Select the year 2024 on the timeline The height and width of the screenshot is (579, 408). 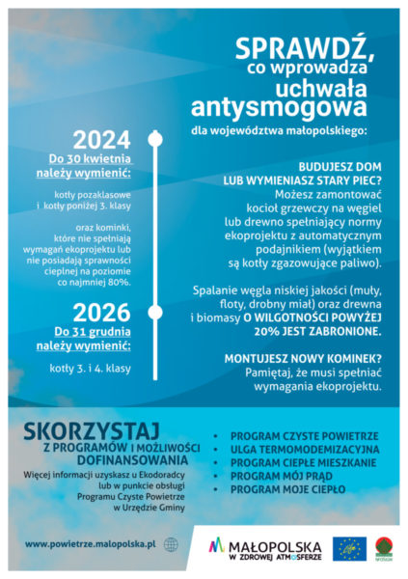click(x=101, y=140)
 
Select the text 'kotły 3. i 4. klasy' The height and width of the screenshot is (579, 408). click(x=90, y=368)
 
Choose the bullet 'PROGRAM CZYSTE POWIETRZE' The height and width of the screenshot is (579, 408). click(x=298, y=436)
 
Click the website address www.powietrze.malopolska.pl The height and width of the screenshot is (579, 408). click(x=92, y=544)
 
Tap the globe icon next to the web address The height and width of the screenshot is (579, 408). click(x=172, y=544)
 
